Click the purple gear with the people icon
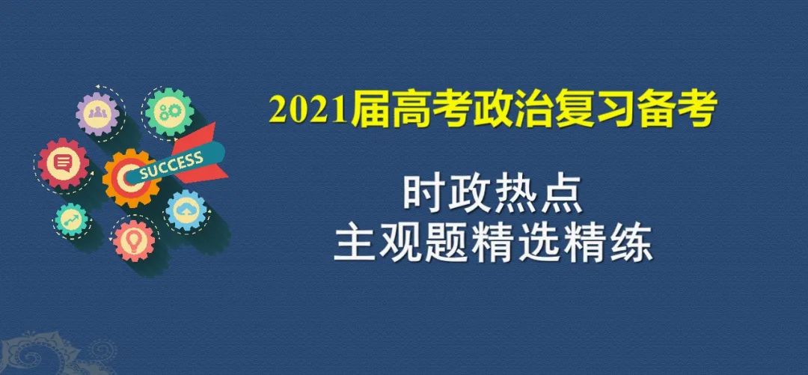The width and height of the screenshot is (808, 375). coord(97,114)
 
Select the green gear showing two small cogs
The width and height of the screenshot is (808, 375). coord(169,112)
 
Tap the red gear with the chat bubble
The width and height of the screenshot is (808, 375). coord(63,163)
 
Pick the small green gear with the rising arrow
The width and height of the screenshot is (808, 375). coord(71,220)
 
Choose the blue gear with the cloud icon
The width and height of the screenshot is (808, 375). coord(186,210)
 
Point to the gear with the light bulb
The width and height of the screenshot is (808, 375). coord(134,240)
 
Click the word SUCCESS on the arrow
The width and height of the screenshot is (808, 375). coord(171,164)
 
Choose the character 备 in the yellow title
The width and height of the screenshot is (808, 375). coord(643,110)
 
